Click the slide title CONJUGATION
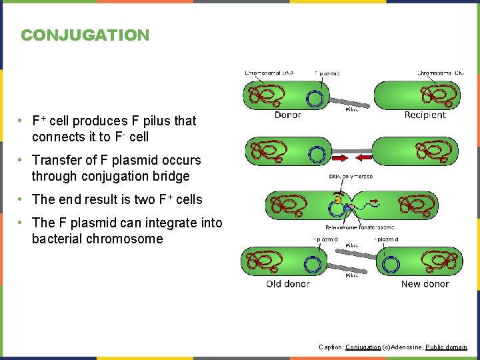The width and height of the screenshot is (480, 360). coord(85,35)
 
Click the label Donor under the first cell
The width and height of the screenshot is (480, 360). coord(287,115)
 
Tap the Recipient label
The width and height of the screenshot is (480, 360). coord(425,115)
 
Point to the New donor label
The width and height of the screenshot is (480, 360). coord(425,284)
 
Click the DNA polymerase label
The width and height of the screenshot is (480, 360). coord(351,177)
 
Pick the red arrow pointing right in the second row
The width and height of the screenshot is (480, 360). coord(340,158)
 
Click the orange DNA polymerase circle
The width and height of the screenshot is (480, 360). coord(338,199)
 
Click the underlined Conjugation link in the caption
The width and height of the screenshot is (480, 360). coord(363,347)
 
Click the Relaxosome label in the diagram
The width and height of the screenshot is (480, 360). coord(341,227)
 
